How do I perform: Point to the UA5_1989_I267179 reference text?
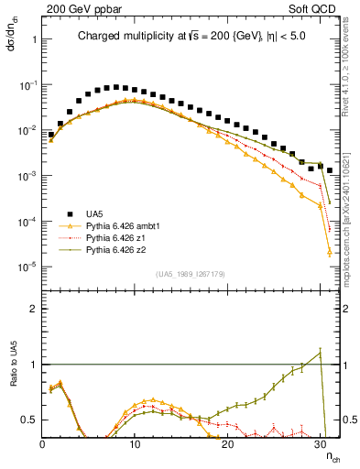tap(190, 273)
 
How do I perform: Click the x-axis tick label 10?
tap(135, 444)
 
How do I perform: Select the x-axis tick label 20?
tap(228, 444)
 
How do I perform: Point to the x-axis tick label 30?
tap(321, 444)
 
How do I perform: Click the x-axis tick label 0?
tap(42, 444)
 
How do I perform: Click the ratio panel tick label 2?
tap(32, 309)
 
